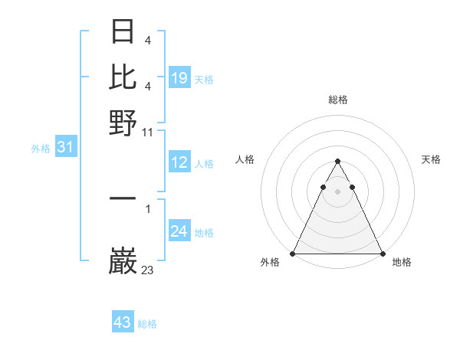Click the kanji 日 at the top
coord(123,31)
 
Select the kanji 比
coord(123,76)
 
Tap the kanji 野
coord(123,121)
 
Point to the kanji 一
coord(123,198)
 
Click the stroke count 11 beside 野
coord(148,133)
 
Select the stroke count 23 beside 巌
coord(148,270)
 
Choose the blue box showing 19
coord(179,77)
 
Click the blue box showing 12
coord(179,162)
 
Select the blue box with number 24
coord(179,231)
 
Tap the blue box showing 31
coord(65,147)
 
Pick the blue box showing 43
coord(123,322)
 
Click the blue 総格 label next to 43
coord(148,324)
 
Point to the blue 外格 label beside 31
coord(41,149)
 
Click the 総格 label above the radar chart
coord(338,100)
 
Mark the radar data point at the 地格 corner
coord(382,253)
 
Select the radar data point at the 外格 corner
coord(294,253)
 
